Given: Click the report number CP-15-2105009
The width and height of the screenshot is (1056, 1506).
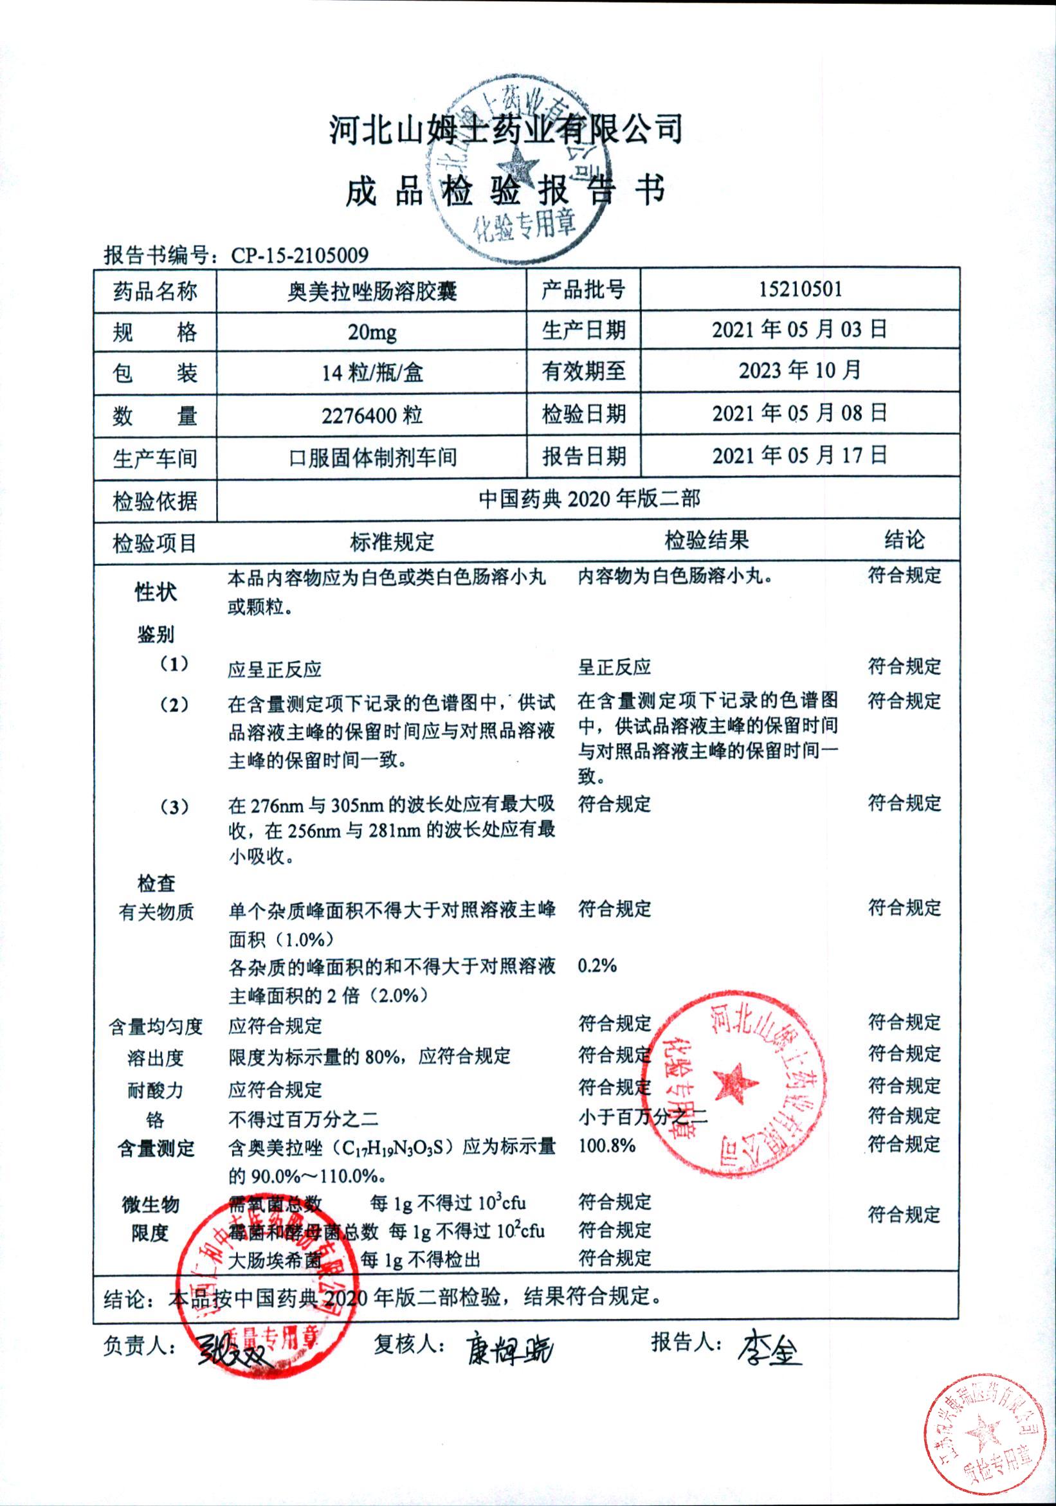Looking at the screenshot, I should coord(300,255).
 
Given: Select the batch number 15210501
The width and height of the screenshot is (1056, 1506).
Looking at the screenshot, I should coord(799,289).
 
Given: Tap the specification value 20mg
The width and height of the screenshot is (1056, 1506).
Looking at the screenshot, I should coord(372,332).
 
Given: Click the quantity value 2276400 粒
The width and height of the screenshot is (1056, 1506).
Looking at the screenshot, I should coord(372,415).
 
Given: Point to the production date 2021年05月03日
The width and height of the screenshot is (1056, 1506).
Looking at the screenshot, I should coord(799,329).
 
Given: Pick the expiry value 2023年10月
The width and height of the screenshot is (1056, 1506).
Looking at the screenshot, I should coord(799,370).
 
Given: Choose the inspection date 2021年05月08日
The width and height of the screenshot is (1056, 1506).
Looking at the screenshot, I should coord(799,413).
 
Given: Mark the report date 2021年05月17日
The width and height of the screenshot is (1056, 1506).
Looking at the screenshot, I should coord(799,455).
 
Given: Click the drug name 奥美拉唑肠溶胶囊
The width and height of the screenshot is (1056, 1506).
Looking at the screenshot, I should coord(372,291).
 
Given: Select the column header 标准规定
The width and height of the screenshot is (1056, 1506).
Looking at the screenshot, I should coord(392,542).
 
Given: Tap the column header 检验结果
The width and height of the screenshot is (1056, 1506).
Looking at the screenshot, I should coord(706,541).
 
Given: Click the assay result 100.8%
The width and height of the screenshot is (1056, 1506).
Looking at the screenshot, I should coord(606,1145).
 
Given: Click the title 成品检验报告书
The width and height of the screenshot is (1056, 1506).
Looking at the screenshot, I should coord(505,191).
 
